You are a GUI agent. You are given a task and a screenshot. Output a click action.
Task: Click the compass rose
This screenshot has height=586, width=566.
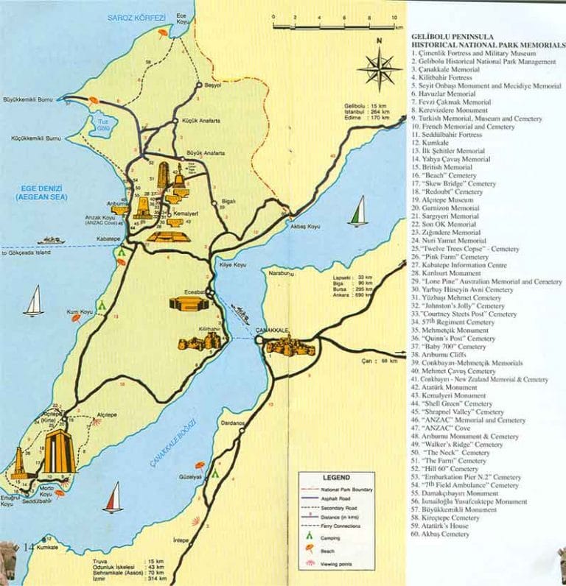380,68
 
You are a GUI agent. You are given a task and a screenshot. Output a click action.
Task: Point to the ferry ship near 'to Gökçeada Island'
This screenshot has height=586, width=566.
52,240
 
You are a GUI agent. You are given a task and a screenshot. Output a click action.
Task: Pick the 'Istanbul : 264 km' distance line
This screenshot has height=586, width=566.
366,111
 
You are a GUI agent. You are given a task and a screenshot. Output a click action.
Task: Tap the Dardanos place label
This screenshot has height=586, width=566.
231,425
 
